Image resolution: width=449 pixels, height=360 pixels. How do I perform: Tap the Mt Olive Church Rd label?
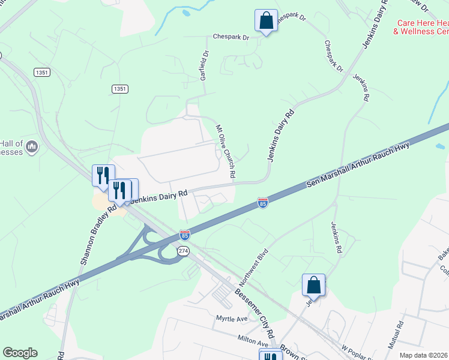(226, 150)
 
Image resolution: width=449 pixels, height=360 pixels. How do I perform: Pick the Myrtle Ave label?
(232, 318)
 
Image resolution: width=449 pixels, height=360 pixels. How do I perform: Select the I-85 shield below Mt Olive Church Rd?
(262, 203)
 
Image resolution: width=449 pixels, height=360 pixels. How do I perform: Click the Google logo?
(20, 353)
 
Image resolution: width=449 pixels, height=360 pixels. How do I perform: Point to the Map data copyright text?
(423, 355)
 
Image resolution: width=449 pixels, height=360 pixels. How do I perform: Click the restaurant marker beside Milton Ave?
(270, 356)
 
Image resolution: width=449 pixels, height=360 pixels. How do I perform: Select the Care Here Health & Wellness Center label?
(421, 27)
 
